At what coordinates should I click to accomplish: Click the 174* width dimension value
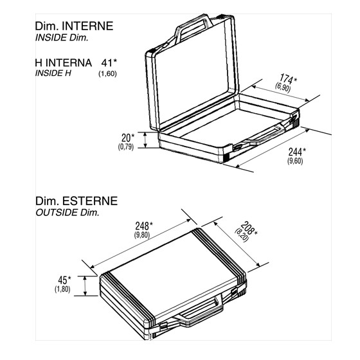pos(288,78)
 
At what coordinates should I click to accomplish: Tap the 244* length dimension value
pos(297,152)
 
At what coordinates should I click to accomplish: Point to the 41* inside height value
pos(109,63)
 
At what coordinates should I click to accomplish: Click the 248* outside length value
pos(144,226)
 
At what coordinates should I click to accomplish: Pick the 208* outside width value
pos(249,228)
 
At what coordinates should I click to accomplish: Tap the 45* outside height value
pos(64,280)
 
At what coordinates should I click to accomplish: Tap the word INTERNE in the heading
pos(87,26)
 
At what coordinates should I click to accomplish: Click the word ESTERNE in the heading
pos(90,201)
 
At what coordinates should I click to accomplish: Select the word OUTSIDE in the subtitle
pos(57,213)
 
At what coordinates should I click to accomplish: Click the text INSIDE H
pos(53,73)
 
